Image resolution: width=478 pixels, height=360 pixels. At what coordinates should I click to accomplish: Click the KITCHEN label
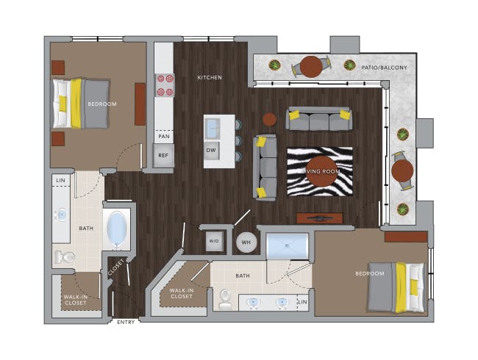pyautogui.click(x=210, y=78)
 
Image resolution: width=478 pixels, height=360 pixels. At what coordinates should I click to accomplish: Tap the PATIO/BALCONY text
pyautogui.click(x=384, y=68)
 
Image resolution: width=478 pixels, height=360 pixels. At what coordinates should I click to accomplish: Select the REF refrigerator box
pyautogui.click(x=163, y=155)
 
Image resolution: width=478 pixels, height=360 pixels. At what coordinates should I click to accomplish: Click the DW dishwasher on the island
pyautogui.click(x=211, y=151)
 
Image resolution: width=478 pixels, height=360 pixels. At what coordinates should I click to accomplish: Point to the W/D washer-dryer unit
pyautogui.click(x=214, y=241)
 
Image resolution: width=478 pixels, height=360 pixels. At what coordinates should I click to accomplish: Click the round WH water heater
pyautogui.click(x=246, y=242)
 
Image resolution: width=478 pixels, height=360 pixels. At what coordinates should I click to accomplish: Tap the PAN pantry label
pyautogui.click(x=164, y=136)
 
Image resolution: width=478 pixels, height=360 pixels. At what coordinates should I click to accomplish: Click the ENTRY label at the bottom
pyautogui.click(x=126, y=322)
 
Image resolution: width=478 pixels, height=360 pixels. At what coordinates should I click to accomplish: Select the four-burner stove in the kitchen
pyautogui.click(x=165, y=85)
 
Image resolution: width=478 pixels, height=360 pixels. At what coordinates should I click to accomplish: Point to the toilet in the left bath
pyautogui.click(x=65, y=257)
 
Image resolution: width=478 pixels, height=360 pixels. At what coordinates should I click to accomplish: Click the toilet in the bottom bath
pyautogui.click(x=225, y=299)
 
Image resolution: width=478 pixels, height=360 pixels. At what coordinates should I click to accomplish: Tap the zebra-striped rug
pyautogui.click(x=320, y=171)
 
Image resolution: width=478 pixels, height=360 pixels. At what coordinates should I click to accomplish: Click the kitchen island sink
pyautogui.click(x=213, y=128)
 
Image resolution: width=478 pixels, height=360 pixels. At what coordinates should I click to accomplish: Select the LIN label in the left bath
pyautogui.click(x=60, y=180)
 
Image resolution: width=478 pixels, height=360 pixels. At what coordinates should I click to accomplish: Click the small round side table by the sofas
pyautogui.click(x=269, y=120)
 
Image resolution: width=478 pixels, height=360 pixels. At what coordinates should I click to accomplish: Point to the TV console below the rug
pyautogui.click(x=320, y=218)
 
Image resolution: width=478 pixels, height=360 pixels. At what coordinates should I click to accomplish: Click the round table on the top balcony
pyautogui.click(x=311, y=67)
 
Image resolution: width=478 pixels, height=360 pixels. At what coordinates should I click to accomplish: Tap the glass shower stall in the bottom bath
pyautogui.click(x=288, y=246)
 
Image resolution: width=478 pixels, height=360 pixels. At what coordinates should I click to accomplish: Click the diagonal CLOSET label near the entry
pyautogui.click(x=116, y=267)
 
